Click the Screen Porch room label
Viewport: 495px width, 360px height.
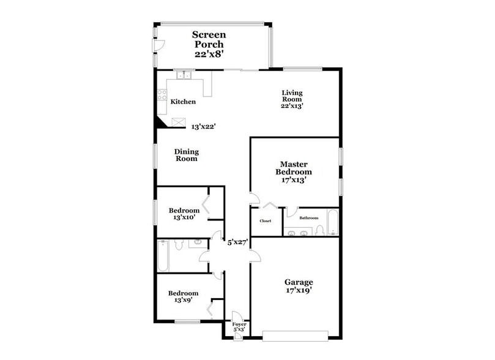point(209,44)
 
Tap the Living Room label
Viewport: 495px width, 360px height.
point(292,99)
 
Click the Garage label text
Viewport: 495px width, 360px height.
point(299,287)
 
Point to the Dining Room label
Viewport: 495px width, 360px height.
point(187,155)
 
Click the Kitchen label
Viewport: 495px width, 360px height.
point(183,102)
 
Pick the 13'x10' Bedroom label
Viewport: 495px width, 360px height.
point(184,214)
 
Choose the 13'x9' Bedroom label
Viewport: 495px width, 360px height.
point(184,297)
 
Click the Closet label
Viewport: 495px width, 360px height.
point(266,221)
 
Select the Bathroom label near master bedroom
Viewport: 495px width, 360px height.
point(308,218)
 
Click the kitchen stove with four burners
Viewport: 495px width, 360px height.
point(163,94)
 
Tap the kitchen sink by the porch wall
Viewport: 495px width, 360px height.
point(184,76)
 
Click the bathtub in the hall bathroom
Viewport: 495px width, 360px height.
point(163,257)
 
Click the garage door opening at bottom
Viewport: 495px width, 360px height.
point(295,334)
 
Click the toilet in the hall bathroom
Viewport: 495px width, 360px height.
point(179,246)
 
